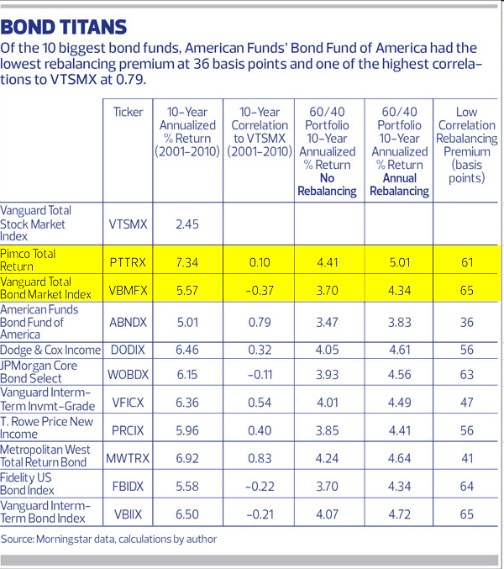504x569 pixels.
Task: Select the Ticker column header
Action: [x=129, y=112]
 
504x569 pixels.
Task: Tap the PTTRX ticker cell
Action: [x=129, y=262]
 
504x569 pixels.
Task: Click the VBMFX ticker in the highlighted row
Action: [x=129, y=291]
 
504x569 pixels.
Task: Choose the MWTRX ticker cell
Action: [x=129, y=458]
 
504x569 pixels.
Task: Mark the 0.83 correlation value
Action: [x=258, y=458]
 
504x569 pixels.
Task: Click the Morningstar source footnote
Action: [x=109, y=539]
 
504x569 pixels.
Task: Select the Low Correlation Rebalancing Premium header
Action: [x=466, y=145]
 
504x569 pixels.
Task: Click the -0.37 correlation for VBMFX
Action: [x=258, y=291]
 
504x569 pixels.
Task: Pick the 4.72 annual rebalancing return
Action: [x=398, y=512]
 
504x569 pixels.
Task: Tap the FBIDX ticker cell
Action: [x=129, y=486]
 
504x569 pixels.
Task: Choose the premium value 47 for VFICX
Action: [x=467, y=400]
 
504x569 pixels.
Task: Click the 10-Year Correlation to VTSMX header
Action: [x=258, y=131]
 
